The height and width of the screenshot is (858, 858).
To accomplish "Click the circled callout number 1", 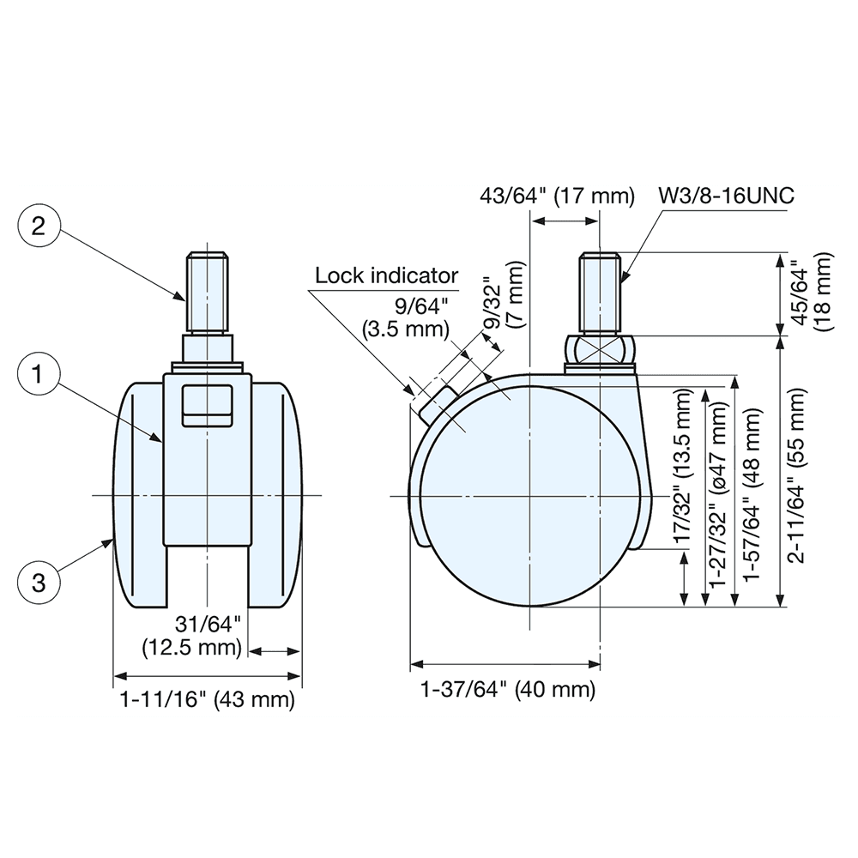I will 37,374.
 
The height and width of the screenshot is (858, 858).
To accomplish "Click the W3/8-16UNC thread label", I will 726,196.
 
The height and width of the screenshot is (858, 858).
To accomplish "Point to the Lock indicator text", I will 386,275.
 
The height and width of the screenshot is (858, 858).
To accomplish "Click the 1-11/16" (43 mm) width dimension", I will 208,699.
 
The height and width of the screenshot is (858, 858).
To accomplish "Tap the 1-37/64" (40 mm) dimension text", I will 507,689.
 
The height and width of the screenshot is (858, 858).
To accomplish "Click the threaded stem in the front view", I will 208,292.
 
